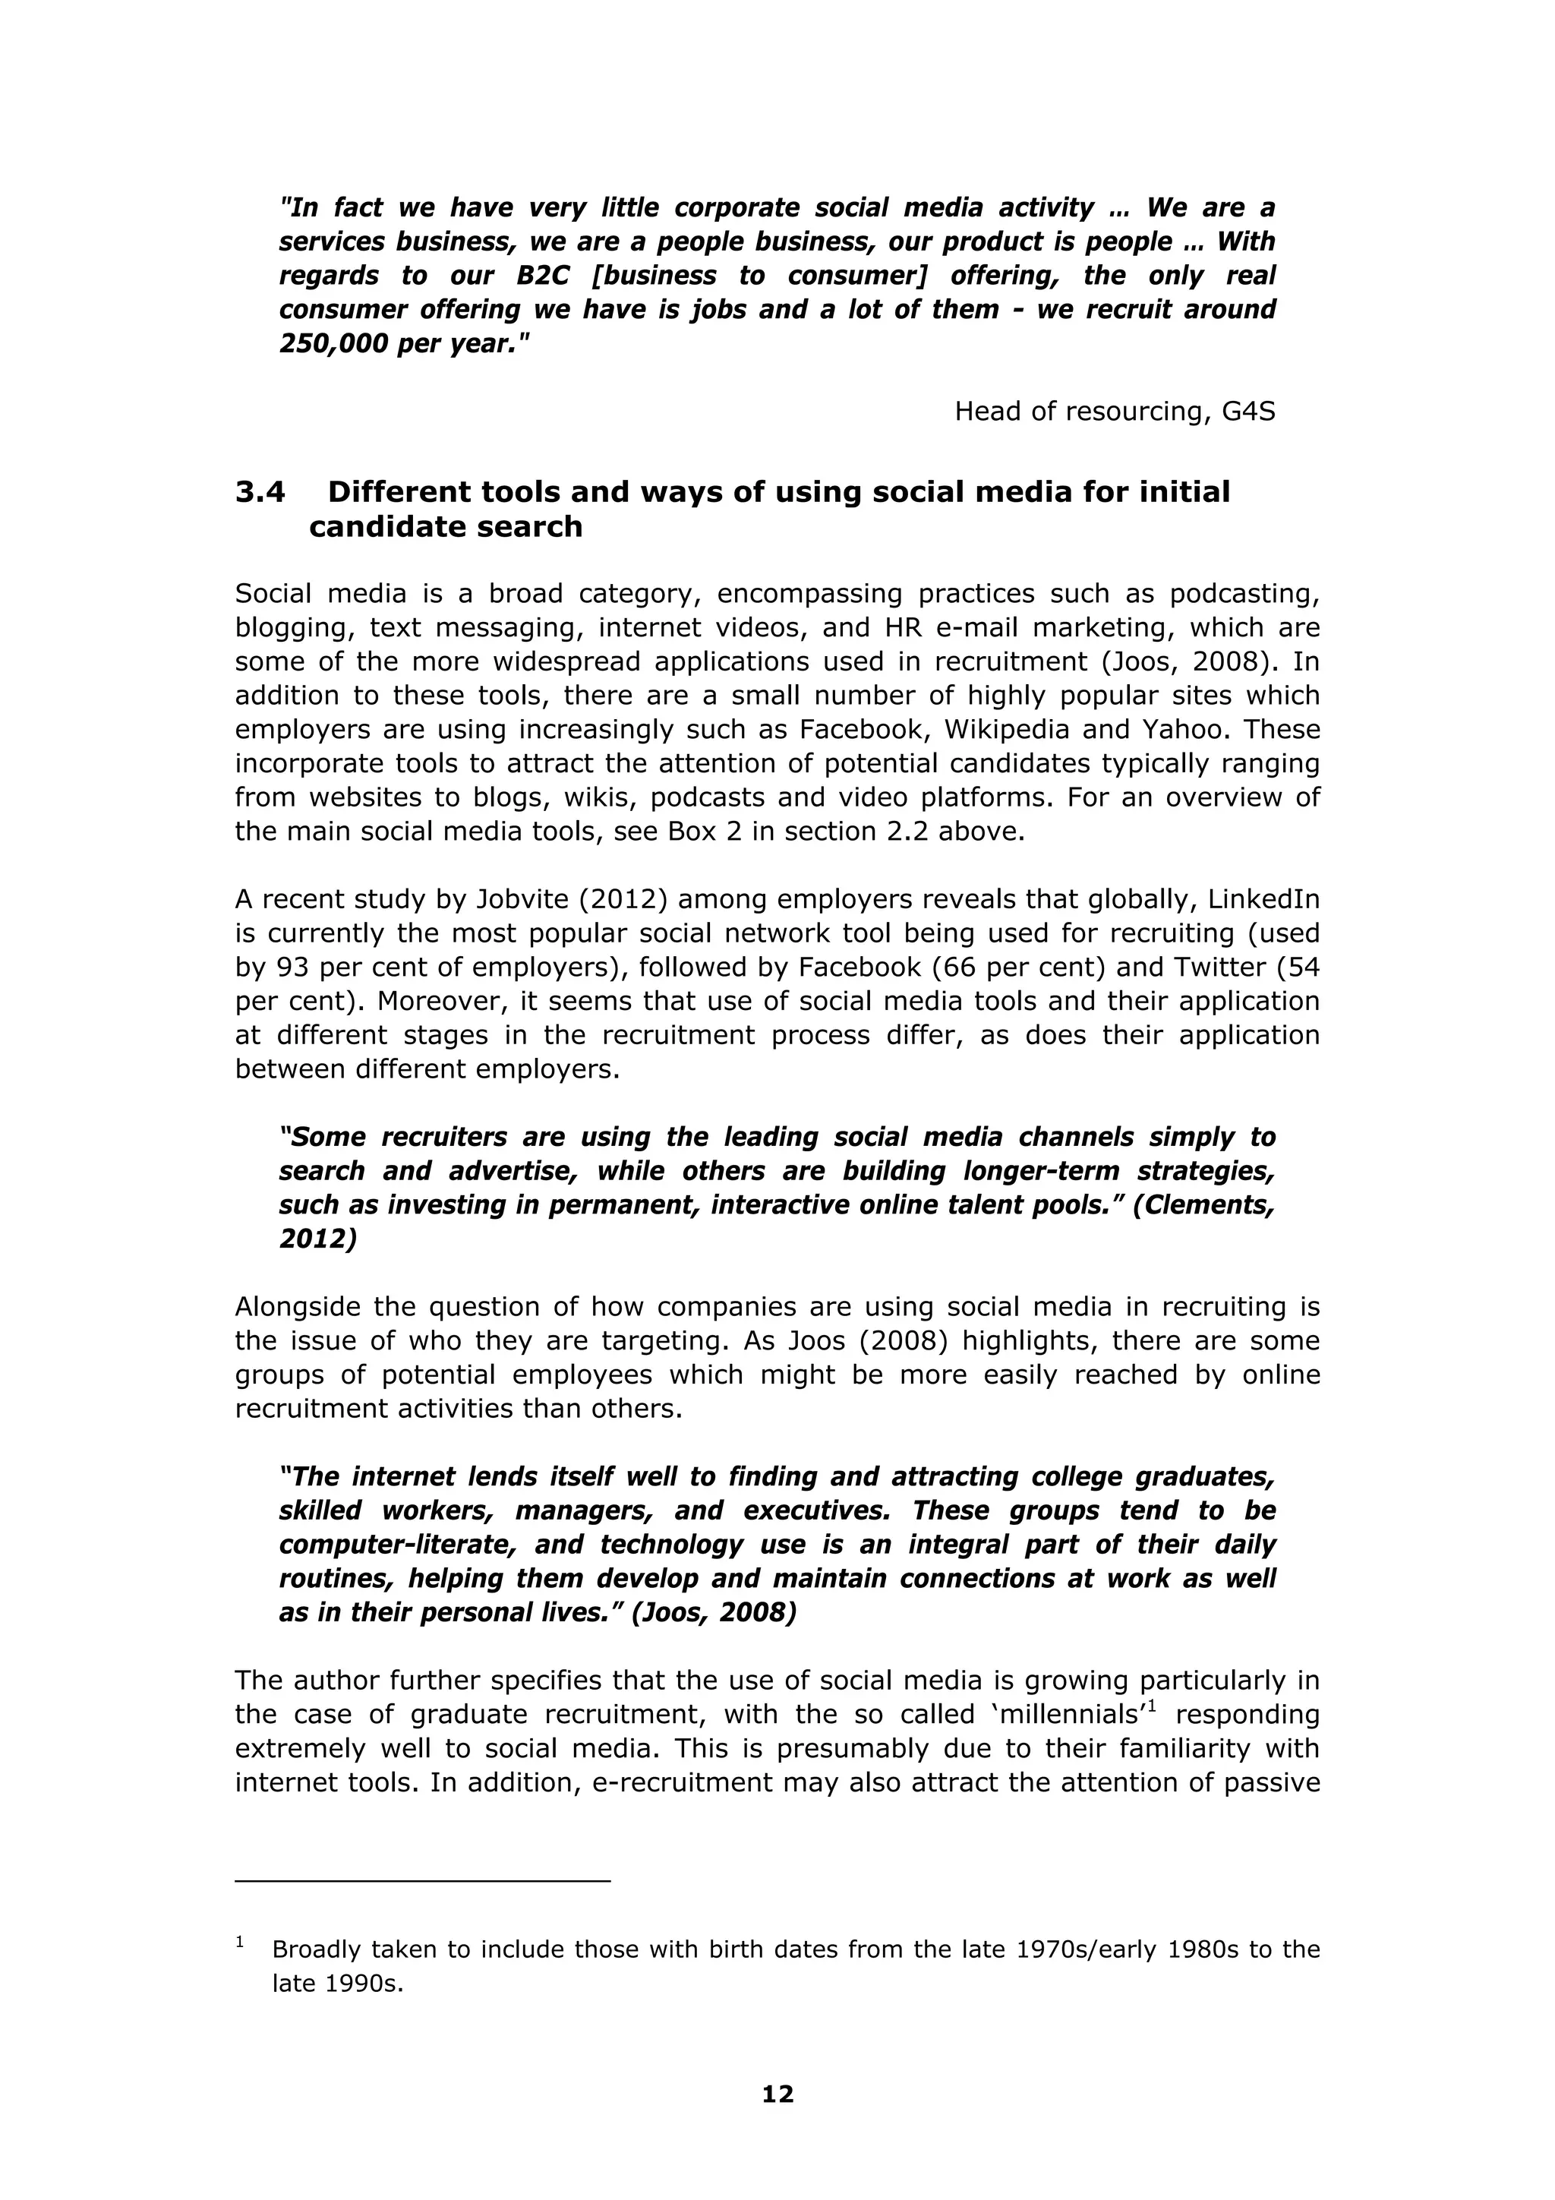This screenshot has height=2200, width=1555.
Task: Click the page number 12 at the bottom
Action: coord(777,2094)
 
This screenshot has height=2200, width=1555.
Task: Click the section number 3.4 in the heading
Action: coord(260,493)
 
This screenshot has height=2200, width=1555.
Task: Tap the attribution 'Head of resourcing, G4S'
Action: coord(1115,411)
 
